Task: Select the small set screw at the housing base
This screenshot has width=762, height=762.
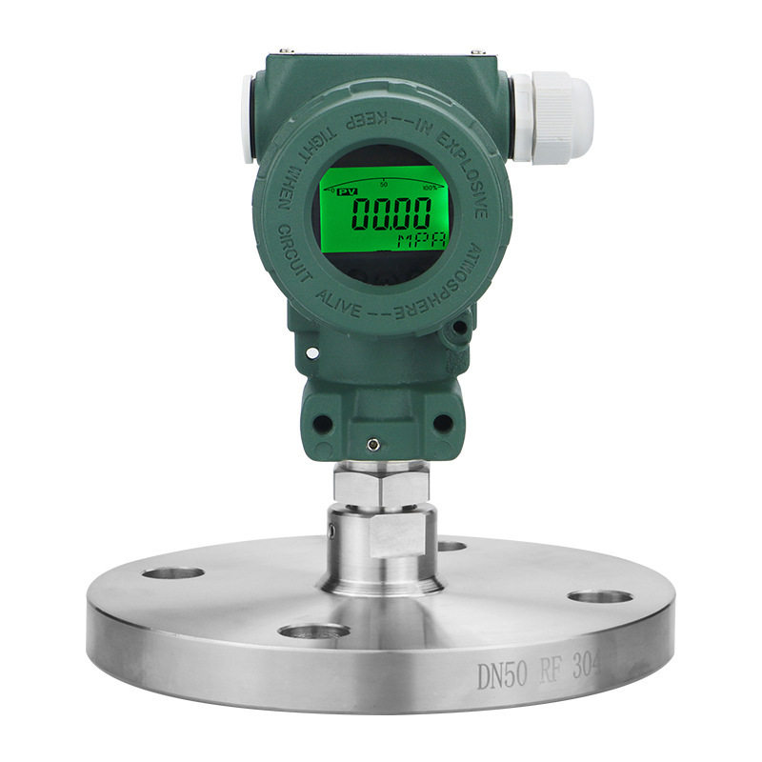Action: click(x=374, y=444)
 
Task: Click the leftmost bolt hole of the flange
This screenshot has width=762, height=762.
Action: click(x=174, y=574)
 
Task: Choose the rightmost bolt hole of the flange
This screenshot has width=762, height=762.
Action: click(x=600, y=597)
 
